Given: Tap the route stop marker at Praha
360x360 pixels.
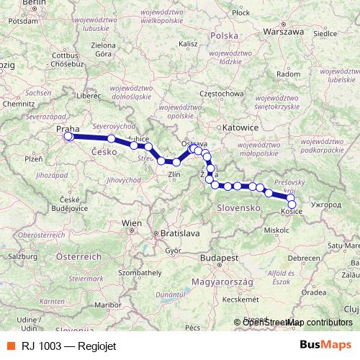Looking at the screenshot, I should pos(68,136).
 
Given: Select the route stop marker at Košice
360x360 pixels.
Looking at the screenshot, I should pos(292,204).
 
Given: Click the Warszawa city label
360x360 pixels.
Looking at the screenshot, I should pos(284,32).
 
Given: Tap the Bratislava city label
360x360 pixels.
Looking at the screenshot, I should pos(180,234).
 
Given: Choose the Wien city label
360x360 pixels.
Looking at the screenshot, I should pos(132,224).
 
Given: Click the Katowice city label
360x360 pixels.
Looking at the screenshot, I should pos(240,127).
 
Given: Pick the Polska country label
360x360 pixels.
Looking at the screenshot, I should pos(225,35).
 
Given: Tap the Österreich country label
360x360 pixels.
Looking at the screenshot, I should pos(79,256).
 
